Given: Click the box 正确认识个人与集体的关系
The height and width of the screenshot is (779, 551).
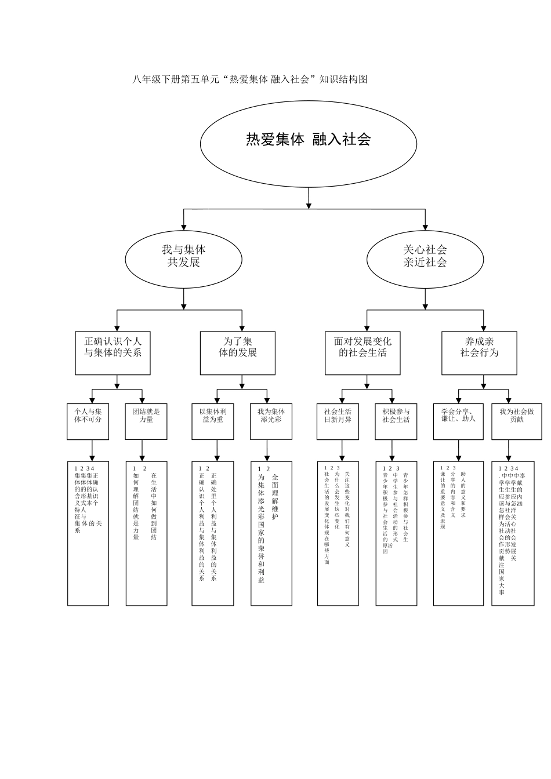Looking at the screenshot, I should click(113, 353).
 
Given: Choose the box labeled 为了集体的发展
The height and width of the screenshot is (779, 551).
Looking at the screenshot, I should click(237, 353).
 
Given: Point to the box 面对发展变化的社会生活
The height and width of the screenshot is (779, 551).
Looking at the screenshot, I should click(362, 353).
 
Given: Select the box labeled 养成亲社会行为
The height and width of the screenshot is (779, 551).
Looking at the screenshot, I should click(478, 353).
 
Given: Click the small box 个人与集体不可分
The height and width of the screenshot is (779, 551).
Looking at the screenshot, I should click(88, 421).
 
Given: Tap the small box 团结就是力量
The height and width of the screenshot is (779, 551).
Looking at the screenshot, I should click(146, 421).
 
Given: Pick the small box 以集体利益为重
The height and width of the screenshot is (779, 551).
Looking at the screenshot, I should click(213, 421).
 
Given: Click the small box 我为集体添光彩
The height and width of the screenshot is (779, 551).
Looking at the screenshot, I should click(271, 421).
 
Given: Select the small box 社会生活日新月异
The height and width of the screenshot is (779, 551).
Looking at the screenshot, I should click(338, 421).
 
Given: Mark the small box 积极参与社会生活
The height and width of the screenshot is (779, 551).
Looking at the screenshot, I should click(396, 421).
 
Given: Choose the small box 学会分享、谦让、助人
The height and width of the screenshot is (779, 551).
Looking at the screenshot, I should click(458, 421).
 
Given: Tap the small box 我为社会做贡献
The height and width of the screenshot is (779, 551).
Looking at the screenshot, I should click(516, 421).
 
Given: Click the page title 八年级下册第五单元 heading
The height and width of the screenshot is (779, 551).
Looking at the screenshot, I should click(250, 79).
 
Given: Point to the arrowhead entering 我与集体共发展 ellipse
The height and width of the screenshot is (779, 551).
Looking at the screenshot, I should click(184, 227).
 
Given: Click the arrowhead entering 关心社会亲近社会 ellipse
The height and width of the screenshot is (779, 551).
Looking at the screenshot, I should click(425, 227).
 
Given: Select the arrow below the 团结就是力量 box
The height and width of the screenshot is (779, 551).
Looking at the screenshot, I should click(143, 450).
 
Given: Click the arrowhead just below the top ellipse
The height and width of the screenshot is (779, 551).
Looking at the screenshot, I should click(309, 204).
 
